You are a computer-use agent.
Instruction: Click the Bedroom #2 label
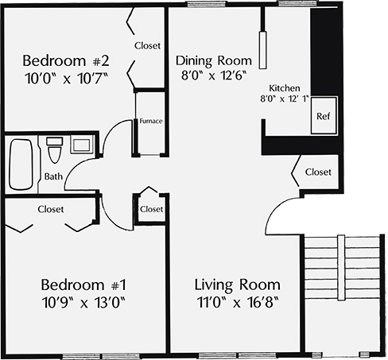[66, 61]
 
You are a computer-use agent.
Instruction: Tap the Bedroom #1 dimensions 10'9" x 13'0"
[83, 302]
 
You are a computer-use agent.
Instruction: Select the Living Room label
[238, 285]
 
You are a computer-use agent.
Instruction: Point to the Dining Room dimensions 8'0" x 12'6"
[214, 75]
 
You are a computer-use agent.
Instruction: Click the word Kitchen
[285, 88]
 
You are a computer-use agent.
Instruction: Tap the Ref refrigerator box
[324, 115]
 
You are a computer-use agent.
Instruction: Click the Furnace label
[151, 121]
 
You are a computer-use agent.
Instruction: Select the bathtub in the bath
[21, 165]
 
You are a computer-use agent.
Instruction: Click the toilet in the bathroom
[55, 150]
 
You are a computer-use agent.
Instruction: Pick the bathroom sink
[82, 145]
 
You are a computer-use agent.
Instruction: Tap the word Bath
[53, 176]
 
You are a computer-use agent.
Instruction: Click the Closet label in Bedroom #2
[147, 45]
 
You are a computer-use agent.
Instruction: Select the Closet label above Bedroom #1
[51, 209]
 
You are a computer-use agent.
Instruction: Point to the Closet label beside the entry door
[318, 172]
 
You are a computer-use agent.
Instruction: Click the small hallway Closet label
[151, 209]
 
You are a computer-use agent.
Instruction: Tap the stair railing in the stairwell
[341, 268]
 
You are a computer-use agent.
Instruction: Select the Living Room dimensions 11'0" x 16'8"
[238, 302]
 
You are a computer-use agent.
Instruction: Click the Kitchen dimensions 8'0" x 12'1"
[285, 99]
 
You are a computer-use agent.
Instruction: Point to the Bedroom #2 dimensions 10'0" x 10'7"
[66, 79]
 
